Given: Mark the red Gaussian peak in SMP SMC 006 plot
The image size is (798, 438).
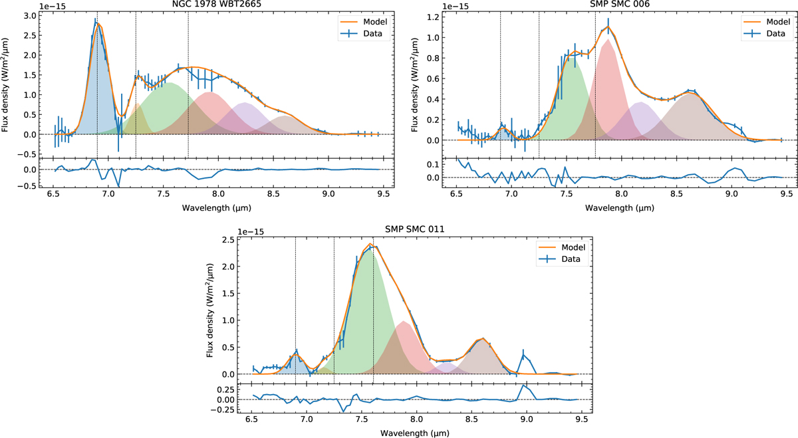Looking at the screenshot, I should pos(606,40).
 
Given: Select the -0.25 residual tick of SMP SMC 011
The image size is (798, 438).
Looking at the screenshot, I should pos(229,409).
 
